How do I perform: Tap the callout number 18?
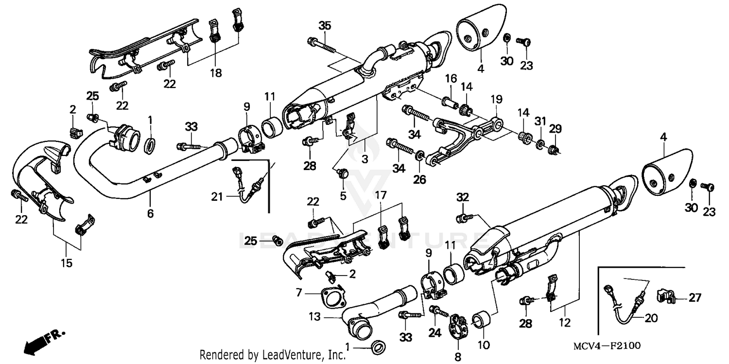(215, 73)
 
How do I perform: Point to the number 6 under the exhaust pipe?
(150, 213)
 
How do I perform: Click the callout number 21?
(217, 196)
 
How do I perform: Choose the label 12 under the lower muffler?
(565, 322)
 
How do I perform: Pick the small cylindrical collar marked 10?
(482, 321)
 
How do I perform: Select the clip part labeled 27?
(665, 295)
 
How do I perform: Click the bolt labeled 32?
(462, 219)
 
